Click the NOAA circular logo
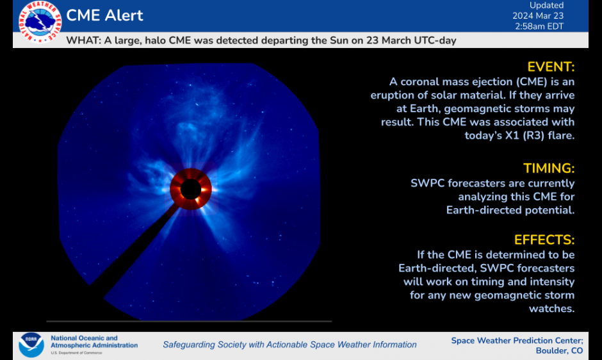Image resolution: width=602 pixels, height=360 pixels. (31, 345)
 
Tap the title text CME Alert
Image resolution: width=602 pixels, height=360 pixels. (105, 15)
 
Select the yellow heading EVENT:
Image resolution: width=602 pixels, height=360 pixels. (551, 67)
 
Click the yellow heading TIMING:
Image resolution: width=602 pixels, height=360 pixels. (549, 168)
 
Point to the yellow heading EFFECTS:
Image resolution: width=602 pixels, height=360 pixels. (544, 240)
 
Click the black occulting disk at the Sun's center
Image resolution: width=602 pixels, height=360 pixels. (190, 189)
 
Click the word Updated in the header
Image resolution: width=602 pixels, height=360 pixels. (546, 5)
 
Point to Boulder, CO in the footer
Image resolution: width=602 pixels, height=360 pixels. (559, 350)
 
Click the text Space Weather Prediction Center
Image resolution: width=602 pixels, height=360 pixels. (516, 340)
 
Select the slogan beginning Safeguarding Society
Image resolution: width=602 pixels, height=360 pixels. (289, 345)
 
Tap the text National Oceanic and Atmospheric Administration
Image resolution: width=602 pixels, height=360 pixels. (94, 341)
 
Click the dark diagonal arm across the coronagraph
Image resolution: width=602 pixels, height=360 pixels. (134, 250)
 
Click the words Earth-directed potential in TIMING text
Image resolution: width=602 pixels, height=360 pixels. (510, 209)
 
